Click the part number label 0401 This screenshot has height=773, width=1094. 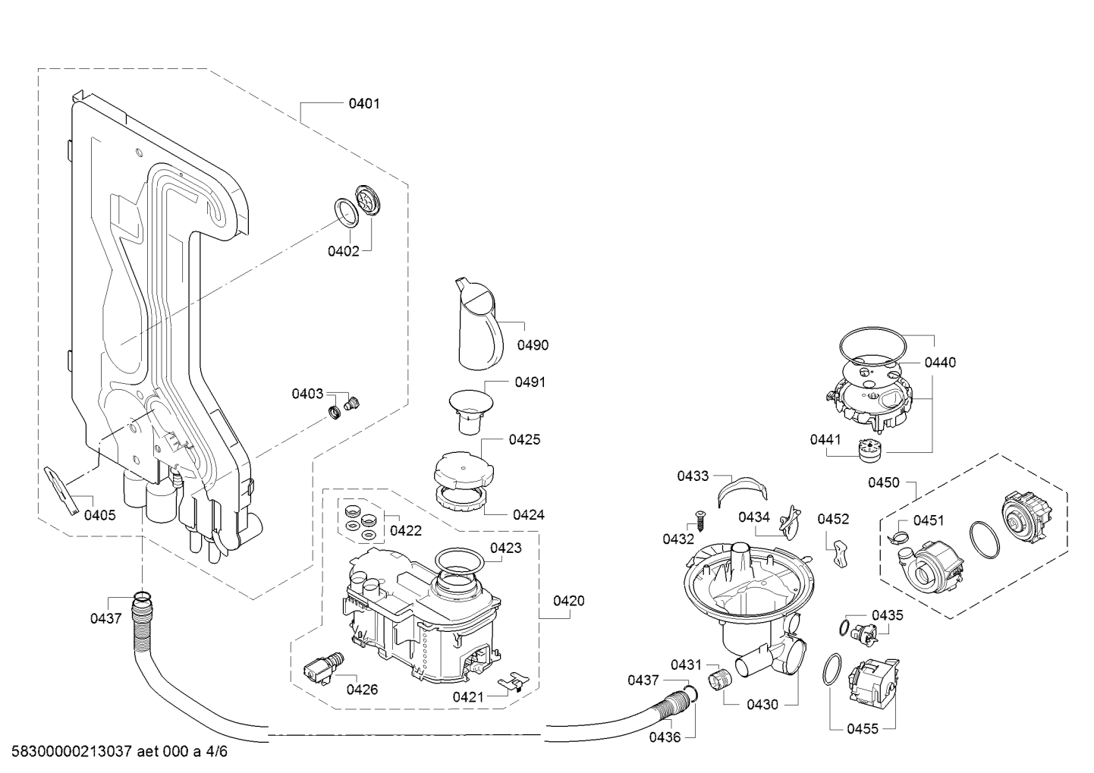click(x=364, y=103)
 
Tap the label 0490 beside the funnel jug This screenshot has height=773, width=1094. click(x=533, y=345)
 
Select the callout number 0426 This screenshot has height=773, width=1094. click(x=362, y=690)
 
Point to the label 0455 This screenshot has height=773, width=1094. click(x=863, y=729)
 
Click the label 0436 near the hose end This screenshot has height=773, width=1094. click(x=665, y=737)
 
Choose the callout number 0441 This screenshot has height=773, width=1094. click(x=825, y=439)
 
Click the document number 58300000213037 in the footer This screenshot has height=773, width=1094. click(x=71, y=751)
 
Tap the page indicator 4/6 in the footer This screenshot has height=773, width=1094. click(x=217, y=751)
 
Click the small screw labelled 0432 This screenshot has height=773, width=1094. click(x=701, y=520)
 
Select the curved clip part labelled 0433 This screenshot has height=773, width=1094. click(x=742, y=490)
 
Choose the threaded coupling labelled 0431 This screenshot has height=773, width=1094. click(x=720, y=680)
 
